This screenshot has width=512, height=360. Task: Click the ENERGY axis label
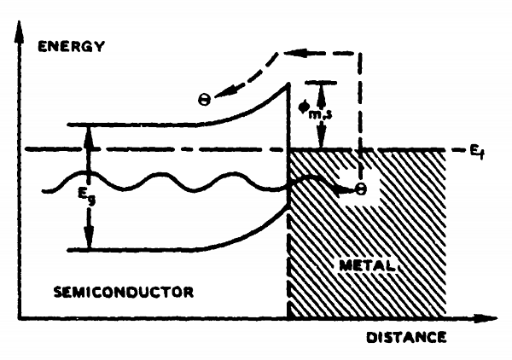coord(71,45)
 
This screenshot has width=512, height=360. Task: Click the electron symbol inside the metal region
coord(361,189)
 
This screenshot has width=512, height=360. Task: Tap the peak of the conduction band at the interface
coord(288,83)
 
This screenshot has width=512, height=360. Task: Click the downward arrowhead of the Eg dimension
coord(88,243)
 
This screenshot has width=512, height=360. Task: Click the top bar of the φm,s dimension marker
coord(321,82)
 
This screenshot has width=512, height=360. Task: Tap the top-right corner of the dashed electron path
coord(361,53)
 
